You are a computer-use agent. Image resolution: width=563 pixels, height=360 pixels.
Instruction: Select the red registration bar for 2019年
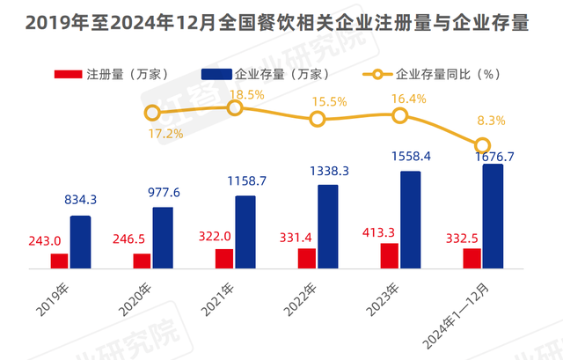pyautogui.click(x=59, y=260)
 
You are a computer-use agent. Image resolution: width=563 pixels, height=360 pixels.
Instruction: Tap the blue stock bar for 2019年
pyautogui.click(x=80, y=240)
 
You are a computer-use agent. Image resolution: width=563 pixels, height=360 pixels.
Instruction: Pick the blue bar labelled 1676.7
pyautogui.click(x=493, y=215)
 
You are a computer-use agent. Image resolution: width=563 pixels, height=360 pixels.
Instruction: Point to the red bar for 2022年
pyautogui.click(x=306, y=257)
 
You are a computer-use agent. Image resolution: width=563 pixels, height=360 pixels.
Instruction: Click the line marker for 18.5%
pyautogui.click(x=235, y=107)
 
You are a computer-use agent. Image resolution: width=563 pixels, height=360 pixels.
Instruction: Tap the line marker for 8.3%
pyautogui.click(x=482, y=145)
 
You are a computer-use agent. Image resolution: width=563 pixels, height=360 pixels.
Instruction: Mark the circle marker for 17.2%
pyautogui.click(x=152, y=113)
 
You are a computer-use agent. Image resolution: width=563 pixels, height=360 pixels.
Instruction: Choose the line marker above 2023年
pyautogui.click(x=399, y=115)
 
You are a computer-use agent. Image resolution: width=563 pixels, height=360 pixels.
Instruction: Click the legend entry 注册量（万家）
pyautogui.click(x=110, y=75)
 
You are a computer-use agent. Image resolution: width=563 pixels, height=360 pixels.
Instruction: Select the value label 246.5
pyautogui.click(x=133, y=238)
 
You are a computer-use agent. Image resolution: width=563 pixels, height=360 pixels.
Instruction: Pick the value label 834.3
pyautogui.click(x=79, y=201)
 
